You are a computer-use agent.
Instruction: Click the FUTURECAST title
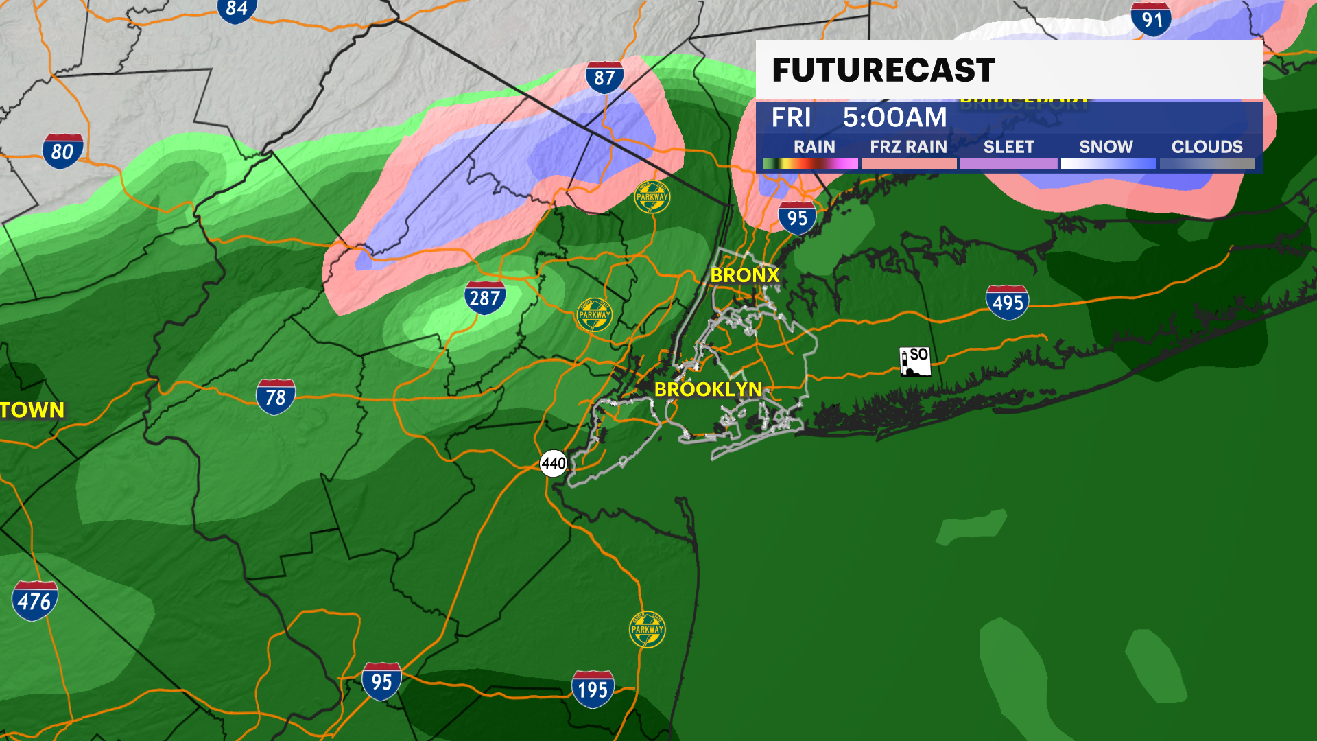click(883, 70)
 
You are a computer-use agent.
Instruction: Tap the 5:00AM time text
click(894, 117)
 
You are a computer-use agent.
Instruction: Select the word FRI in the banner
click(791, 117)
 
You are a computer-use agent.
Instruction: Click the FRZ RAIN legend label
click(908, 147)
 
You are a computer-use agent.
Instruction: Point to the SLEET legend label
click(1008, 147)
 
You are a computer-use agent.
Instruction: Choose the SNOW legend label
click(1106, 147)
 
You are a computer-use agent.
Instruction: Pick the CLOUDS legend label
click(1207, 147)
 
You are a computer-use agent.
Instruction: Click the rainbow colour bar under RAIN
click(810, 164)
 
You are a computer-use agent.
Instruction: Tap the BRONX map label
click(745, 275)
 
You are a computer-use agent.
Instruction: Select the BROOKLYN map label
click(708, 389)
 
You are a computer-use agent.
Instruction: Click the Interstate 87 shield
click(604, 77)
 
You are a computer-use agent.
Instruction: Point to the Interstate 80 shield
click(62, 151)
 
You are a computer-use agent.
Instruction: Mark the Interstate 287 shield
click(485, 298)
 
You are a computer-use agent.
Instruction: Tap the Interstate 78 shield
click(275, 397)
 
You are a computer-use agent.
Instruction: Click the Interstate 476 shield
click(34, 601)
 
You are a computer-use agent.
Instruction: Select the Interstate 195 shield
click(593, 689)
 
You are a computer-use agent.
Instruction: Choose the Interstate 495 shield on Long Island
click(1007, 302)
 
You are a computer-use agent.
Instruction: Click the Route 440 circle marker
click(554, 464)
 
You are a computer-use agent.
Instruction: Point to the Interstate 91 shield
click(1152, 19)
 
